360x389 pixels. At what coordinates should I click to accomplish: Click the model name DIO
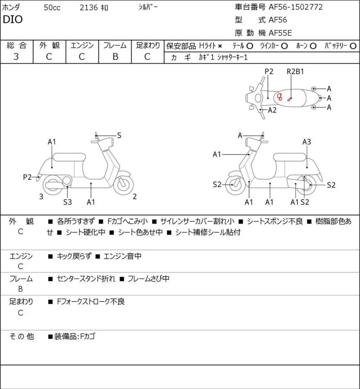click(x=13, y=19)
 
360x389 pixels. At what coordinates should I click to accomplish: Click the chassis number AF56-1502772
click(x=296, y=7)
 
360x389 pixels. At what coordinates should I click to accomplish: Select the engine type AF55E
click(x=280, y=33)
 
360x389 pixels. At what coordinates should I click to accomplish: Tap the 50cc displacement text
click(x=52, y=8)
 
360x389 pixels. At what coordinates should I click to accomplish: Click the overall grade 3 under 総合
click(x=16, y=57)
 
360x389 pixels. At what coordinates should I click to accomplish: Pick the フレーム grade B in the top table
click(x=115, y=57)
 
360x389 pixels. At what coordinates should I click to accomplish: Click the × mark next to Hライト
click(x=220, y=46)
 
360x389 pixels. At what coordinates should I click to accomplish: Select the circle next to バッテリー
click(x=353, y=46)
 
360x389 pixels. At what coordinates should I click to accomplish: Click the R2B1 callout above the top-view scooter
click(x=295, y=72)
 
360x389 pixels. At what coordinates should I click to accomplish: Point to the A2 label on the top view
click(x=272, y=110)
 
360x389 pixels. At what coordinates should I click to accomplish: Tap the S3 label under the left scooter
click(x=67, y=202)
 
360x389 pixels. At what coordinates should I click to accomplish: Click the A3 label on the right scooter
click(x=306, y=142)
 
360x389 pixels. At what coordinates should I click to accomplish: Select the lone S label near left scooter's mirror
click(x=119, y=135)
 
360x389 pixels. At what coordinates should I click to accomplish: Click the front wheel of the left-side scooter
click(x=123, y=184)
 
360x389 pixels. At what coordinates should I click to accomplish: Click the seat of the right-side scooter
click(x=289, y=157)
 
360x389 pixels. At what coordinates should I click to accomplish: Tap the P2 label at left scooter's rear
click(x=27, y=177)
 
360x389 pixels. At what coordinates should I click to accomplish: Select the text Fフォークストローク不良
click(x=90, y=301)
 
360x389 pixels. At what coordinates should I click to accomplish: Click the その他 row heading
click(x=21, y=336)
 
